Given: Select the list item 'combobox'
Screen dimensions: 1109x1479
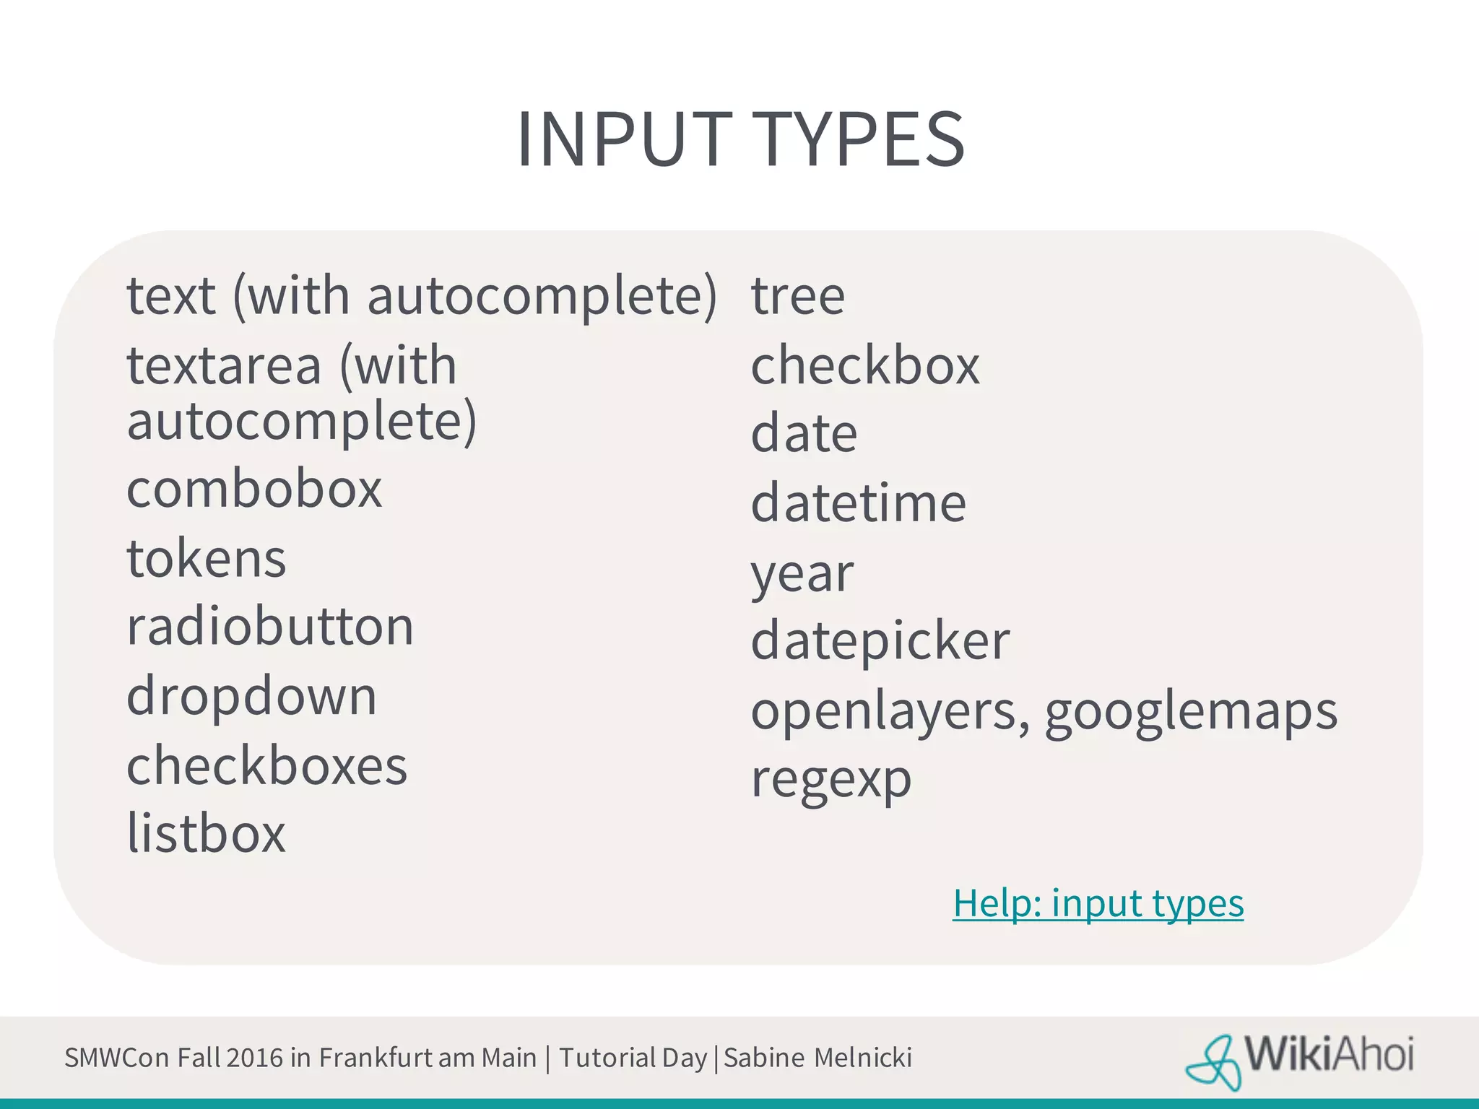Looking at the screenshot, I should (x=253, y=490).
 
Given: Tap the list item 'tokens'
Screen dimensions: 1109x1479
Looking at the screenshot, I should (x=207, y=558).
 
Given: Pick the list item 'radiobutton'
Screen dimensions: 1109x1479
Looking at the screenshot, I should (x=270, y=627).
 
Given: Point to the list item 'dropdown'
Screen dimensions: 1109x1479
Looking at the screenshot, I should (x=251, y=696).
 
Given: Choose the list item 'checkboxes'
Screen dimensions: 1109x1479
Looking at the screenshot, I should (x=266, y=765).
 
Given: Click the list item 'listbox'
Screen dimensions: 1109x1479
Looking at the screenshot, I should (x=207, y=833).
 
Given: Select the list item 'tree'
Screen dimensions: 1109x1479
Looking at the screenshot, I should (x=797, y=296).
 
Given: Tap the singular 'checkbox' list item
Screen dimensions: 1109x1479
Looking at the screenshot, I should (x=865, y=365).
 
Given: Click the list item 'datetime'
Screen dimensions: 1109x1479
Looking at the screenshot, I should (x=858, y=503).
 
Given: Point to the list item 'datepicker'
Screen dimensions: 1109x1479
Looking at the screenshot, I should (x=880, y=641).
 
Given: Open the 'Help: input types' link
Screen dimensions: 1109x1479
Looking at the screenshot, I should (x=1098, y=903).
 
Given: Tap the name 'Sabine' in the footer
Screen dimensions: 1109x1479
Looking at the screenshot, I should (x=764, y=1058).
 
